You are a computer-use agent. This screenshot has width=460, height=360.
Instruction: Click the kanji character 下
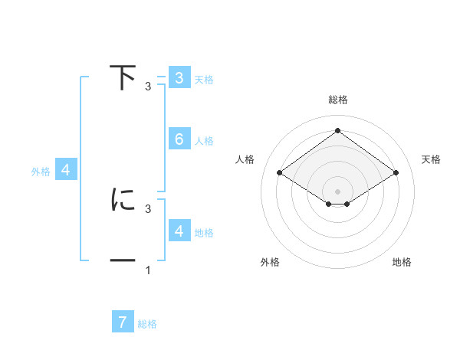(x=123, y=78)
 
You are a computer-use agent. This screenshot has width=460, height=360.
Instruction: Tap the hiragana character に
(x=123, y=200)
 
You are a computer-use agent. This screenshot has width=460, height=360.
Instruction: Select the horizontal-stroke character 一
(x=123, y=261)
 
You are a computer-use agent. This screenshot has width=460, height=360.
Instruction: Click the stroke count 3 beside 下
(x=148, y=87)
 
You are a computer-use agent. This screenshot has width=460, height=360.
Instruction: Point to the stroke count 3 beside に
(x=148, y=208)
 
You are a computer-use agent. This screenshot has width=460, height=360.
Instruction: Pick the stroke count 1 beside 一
(x=148, y=270)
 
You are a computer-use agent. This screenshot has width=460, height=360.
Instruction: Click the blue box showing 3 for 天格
(x=179, y=78)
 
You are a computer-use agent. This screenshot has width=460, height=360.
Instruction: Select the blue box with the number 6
(x=179, y=139)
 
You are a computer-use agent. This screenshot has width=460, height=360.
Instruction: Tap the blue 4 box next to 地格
(x=179, y=231)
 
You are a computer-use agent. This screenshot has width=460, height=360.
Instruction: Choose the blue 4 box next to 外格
(x=66, y=170)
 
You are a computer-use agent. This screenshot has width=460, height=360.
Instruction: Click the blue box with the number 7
(x=123, y=322)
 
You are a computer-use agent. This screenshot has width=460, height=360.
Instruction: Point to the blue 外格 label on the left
(x=41, y=172)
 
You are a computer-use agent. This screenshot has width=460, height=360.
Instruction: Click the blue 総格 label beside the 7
(x=147, y=324)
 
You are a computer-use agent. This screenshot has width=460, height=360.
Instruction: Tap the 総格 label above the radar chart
(x=337, y=100)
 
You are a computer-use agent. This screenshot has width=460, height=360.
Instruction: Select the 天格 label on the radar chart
(x=431, y=159)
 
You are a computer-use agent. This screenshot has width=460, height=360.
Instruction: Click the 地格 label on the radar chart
(x=402, y=262)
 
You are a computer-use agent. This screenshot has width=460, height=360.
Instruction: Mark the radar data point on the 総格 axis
(x=337, y=130)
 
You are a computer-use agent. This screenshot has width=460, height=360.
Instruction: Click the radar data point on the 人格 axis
(x=279, y=173)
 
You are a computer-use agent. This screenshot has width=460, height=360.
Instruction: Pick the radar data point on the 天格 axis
(x=396, y=173)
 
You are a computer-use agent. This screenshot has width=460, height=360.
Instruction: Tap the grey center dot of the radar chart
(x=337, y=191)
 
